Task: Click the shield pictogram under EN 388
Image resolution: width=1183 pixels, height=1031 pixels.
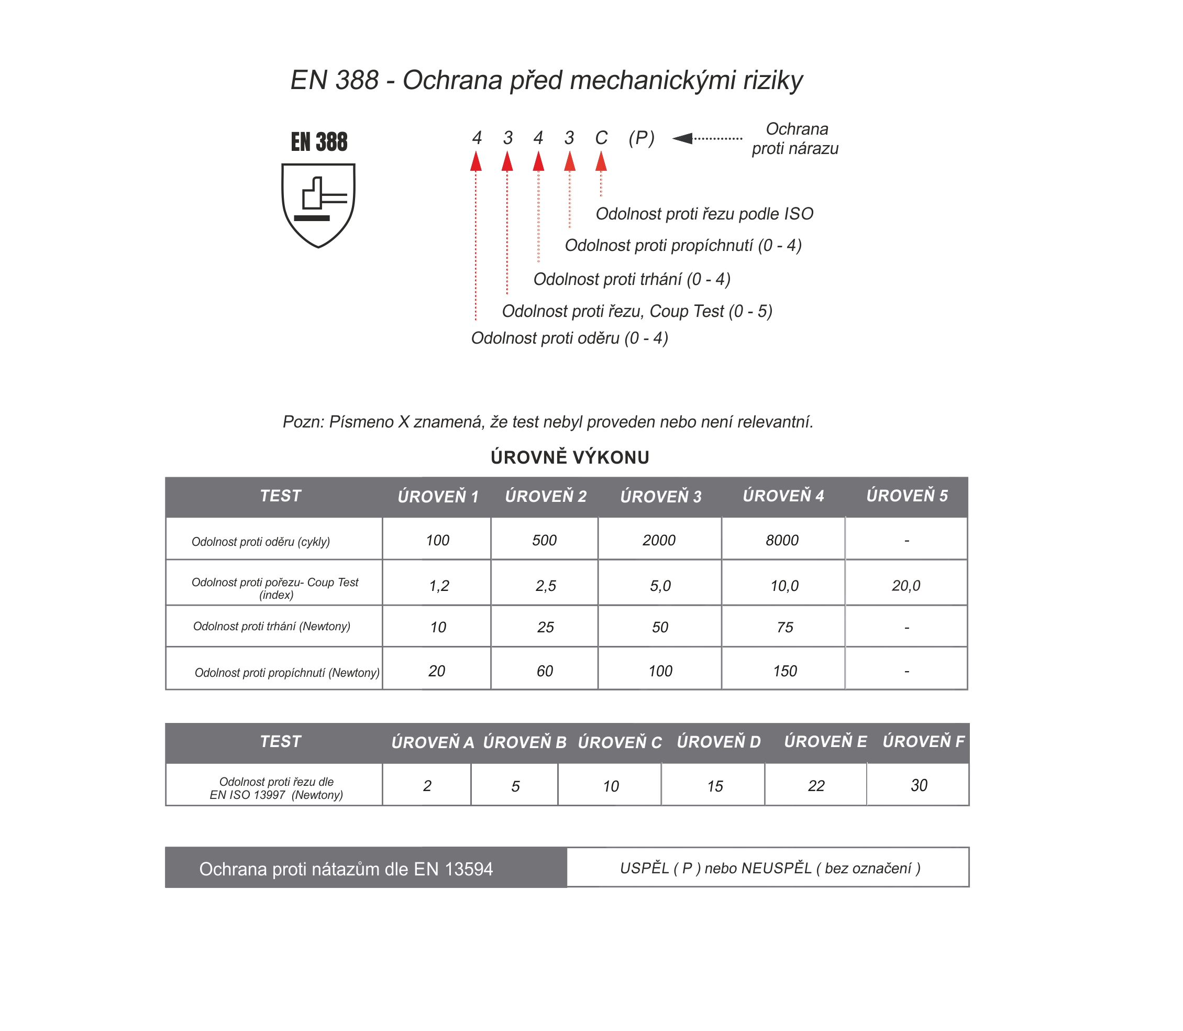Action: click(318, 205)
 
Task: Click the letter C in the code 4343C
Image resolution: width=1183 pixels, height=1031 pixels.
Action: click(601, 138)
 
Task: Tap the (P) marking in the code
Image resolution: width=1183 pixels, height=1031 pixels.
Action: click(641, 138)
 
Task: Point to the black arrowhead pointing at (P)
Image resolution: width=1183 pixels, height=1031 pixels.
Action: click(683, 138)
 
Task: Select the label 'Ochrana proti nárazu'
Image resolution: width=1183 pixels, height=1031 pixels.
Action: click(795, 139)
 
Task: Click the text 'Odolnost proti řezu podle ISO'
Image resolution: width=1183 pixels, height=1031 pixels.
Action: click(704, 214)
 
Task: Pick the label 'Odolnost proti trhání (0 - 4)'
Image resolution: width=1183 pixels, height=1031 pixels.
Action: click(632, 280)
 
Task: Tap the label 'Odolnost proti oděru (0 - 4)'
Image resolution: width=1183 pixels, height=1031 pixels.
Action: click(569, 338)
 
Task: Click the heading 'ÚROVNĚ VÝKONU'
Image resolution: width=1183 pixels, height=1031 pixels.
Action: click(569, 457)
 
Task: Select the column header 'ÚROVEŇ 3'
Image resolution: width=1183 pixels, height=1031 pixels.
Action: click(660, 497)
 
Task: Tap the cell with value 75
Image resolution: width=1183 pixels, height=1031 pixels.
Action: click(784, 627)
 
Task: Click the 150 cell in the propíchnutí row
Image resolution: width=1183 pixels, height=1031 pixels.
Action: click(784, 671)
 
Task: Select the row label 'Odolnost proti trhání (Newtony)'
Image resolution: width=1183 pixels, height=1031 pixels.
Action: click(271, 627)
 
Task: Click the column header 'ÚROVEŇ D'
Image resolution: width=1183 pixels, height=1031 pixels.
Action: click(718, 742)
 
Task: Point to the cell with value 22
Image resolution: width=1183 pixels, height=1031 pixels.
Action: click(815, 786)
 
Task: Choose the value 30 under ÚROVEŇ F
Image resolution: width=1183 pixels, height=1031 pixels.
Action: click(919, 785)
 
